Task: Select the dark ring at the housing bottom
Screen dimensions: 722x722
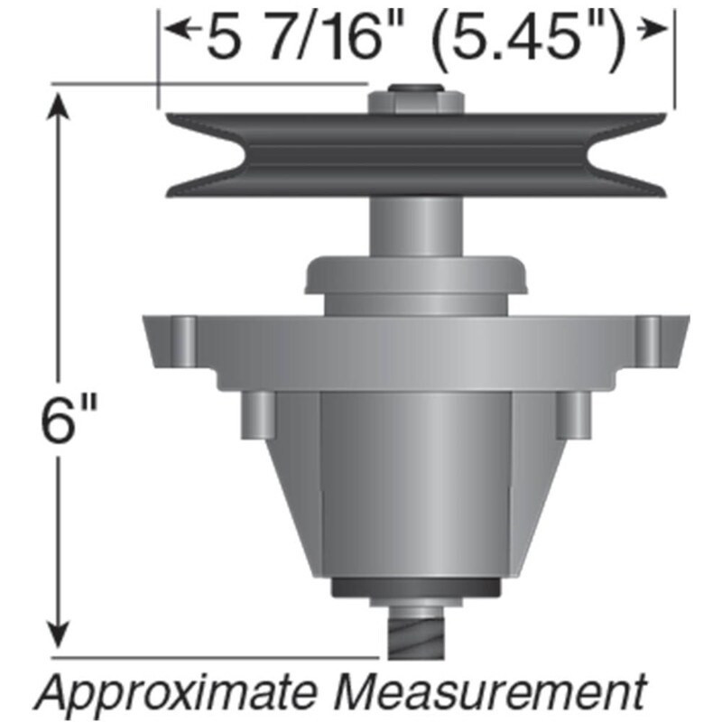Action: point(416,587)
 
